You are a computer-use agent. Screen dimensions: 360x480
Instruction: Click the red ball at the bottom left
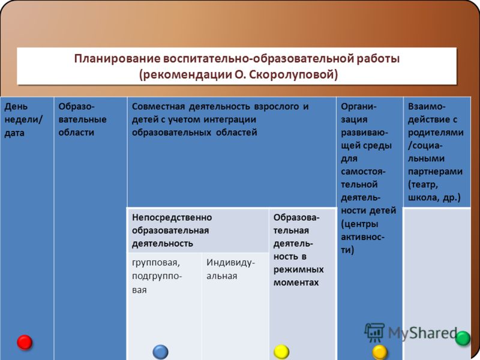pos(25,342)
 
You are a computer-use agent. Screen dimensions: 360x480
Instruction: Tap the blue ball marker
pos(161,352)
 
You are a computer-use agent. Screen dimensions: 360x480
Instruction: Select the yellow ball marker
pos(281,351)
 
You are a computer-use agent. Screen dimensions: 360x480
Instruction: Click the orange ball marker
pos(380,352)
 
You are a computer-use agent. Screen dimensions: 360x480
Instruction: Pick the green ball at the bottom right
pos(463,338)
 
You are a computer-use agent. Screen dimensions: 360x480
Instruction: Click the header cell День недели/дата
pos(22,119)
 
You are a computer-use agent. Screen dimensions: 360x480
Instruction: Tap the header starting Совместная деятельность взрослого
pos(221,119)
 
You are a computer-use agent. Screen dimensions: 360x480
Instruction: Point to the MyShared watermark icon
pos(374,332)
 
